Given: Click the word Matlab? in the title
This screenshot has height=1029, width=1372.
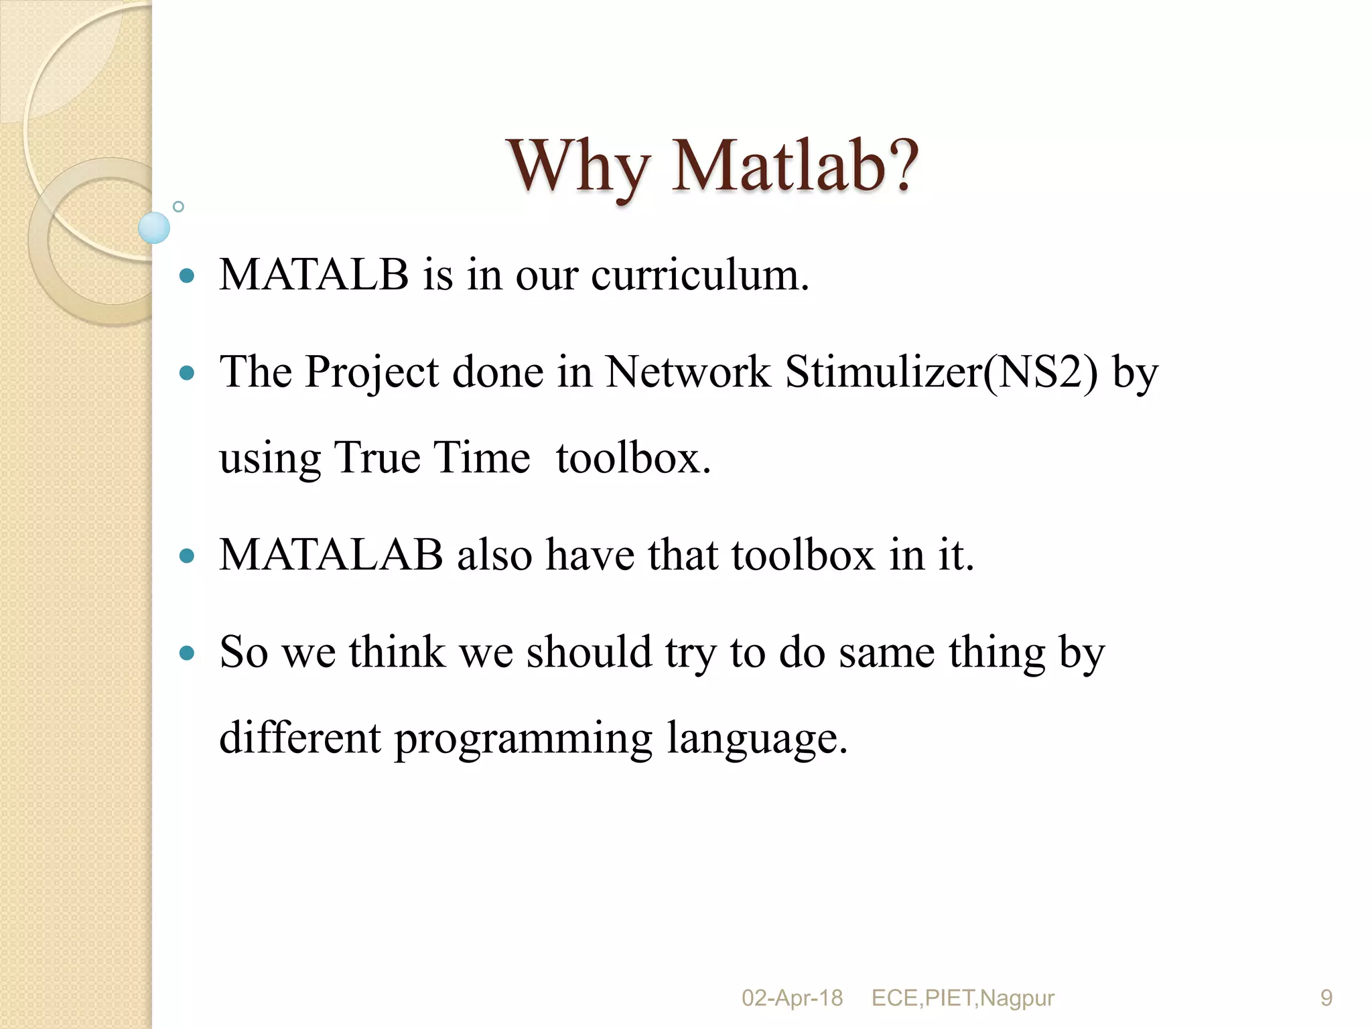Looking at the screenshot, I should pyautogui.click(x=795, y=166).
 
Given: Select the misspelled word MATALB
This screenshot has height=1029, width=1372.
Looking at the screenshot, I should pyautogui.click(x=314, y=275).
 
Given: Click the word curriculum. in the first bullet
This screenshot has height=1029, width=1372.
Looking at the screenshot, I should pyautogui.click(x=700, y=275).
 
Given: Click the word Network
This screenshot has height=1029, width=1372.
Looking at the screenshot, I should pyautogui.click(x=687, y=372).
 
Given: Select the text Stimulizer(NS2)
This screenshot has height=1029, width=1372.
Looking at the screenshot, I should pyautogui.click(x=941, y=372).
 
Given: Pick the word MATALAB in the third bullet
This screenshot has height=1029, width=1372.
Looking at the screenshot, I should pyautogui.click(x=331, y=555).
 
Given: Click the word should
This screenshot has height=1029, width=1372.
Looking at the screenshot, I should pyautogui.click(x=588, y=652).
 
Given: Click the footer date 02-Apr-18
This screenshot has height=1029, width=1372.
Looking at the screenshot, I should pyautogui.click(x=792, y=998).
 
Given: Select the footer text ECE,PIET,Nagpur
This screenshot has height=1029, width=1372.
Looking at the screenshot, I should pyautogui.click(x=963, y=998).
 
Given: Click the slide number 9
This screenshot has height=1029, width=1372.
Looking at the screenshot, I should pyautogui.click(x=1326, y=998).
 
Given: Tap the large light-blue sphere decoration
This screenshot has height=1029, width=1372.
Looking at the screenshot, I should pyautogui.click(x=154, y=228).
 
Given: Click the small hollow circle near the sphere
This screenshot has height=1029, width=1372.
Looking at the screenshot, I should pyautogui.click(x=178, y=206).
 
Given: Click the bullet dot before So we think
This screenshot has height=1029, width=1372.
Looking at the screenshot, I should pyautogui.click(x=188, y=653).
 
